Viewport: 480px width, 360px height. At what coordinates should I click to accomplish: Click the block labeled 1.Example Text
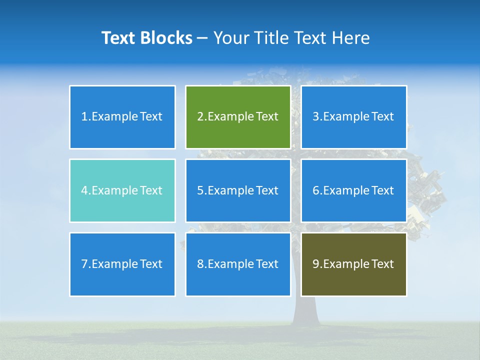point(122,117)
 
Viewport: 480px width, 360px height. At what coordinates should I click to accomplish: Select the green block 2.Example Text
point(238,117)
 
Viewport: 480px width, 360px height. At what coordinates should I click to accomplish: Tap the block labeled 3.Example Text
point(353,117)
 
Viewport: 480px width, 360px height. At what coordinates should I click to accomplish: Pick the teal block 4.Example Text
point(122,190)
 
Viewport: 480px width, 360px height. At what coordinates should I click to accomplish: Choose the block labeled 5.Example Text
point(238,190)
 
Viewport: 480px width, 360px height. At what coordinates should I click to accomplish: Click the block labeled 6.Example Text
point(353,190)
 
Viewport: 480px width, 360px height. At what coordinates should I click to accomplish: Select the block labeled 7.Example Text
point(122,264)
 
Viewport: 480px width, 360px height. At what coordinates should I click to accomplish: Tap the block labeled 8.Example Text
point(238,264)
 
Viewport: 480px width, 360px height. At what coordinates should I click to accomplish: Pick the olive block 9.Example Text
point(353,264)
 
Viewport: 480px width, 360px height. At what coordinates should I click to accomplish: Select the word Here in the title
point(353,38)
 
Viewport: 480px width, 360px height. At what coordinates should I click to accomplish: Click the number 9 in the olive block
point(316,264)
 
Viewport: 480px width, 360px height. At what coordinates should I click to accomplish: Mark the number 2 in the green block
point(200,117)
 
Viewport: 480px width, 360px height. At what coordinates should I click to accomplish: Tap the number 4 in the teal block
point(84,190)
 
